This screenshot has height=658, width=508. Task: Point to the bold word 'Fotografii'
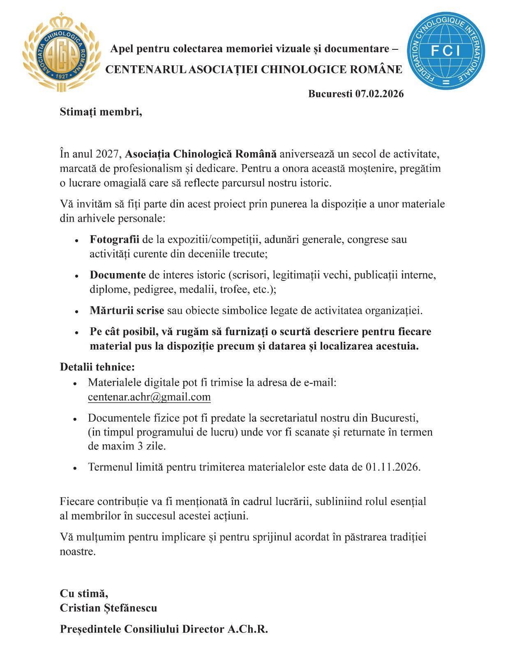point(114,239)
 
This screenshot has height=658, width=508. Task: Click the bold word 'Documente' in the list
point(118,275)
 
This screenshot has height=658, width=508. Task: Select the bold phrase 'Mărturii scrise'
point(127,310)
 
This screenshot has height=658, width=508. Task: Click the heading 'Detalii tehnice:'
point(97,366)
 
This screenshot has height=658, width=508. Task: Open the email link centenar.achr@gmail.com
point(149,397)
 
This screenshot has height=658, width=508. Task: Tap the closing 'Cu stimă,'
point(84,593)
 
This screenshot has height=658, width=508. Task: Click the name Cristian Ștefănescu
point(109,608)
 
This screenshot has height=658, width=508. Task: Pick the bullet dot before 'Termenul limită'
point(75,468)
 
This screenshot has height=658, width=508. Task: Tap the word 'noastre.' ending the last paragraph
point(78,551)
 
